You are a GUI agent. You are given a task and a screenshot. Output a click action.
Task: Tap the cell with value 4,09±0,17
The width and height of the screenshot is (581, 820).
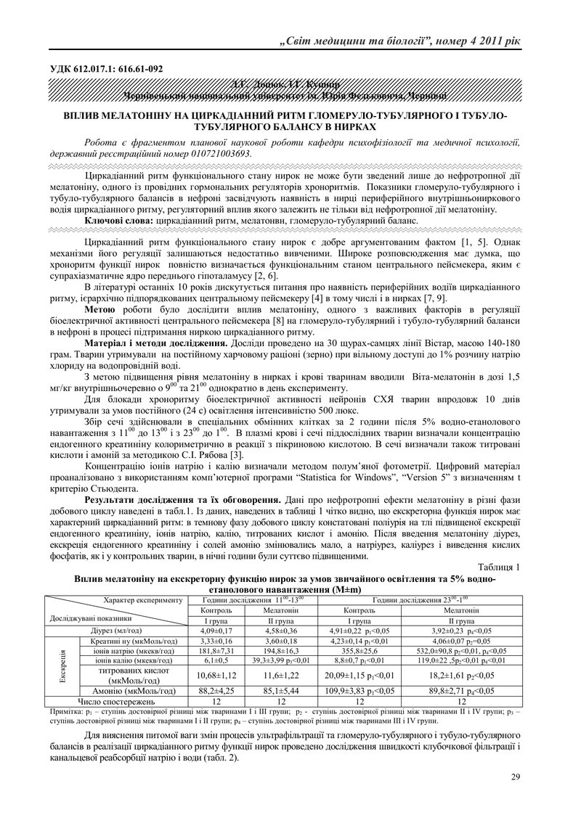(x=214, y=631)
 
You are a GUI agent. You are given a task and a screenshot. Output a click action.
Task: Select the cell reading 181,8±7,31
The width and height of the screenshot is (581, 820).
(x=214, y=651)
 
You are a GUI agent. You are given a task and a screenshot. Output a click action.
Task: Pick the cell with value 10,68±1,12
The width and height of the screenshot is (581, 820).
(x=214, y=676)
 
